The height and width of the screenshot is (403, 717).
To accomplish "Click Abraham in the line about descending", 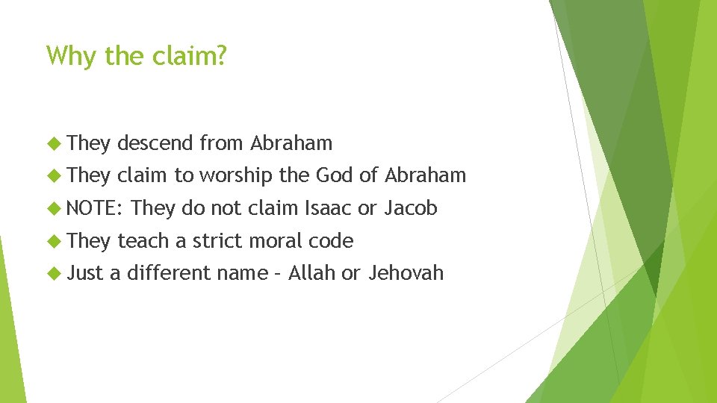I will [x=291, y=142].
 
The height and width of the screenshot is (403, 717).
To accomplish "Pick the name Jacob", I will [x=410, y=208].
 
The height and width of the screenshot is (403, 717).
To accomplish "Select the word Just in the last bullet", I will [x=85, y=273].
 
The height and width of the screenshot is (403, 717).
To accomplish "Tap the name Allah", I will [x=311, y=273].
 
